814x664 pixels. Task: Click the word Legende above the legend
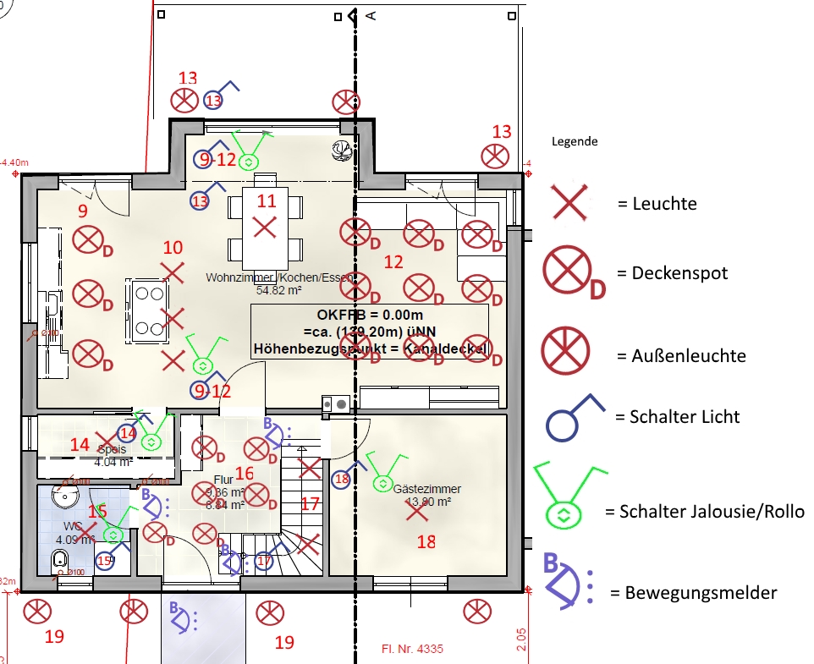575,141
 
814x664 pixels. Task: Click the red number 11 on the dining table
267,200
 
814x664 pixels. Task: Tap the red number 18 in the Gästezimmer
426,542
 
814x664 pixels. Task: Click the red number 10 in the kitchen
173,248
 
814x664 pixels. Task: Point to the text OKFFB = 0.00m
369,315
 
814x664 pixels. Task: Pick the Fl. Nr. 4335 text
407,650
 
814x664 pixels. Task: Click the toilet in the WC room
59,559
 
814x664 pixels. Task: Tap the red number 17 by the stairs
310,504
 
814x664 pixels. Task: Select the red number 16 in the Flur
244,474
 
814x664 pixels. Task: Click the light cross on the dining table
266,227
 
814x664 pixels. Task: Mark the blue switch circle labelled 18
342,479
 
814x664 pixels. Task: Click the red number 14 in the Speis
80,444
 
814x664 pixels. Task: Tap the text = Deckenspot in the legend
673,274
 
